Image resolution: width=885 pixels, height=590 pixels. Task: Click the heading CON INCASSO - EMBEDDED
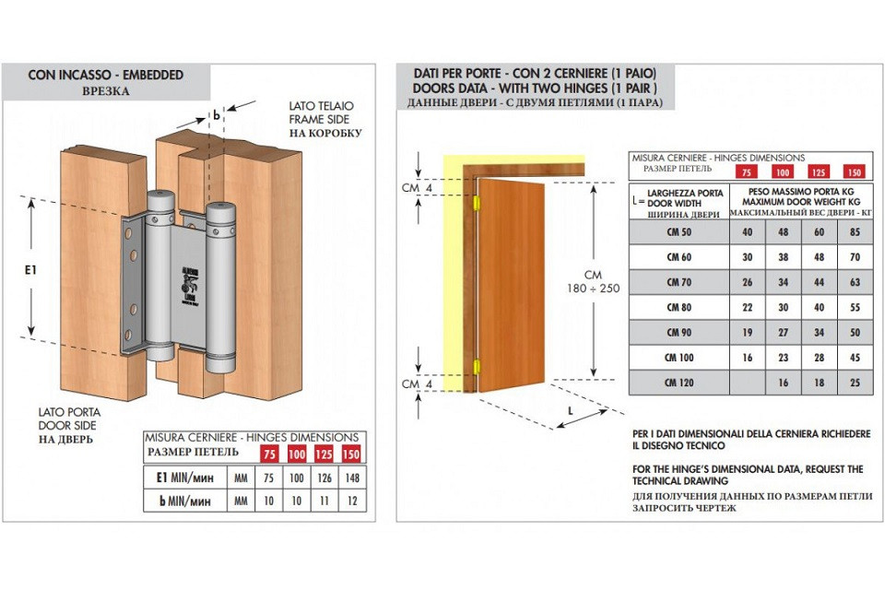pos(105,75)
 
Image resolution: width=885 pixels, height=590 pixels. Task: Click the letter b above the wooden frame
pos(216,115)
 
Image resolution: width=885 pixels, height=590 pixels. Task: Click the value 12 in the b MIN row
pos(351,501)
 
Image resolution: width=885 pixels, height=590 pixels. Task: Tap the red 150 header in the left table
pos(351,454)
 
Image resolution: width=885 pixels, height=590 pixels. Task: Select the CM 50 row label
pos(678,232)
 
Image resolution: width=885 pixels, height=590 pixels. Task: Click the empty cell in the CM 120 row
pos(748,382)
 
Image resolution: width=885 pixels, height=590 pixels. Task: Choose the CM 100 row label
pos(678,357)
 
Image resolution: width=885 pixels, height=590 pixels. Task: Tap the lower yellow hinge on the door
pos(477,366)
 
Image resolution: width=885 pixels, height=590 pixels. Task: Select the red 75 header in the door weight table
pos(747,171)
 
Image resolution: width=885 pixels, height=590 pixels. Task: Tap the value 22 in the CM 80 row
pos(748,307)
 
